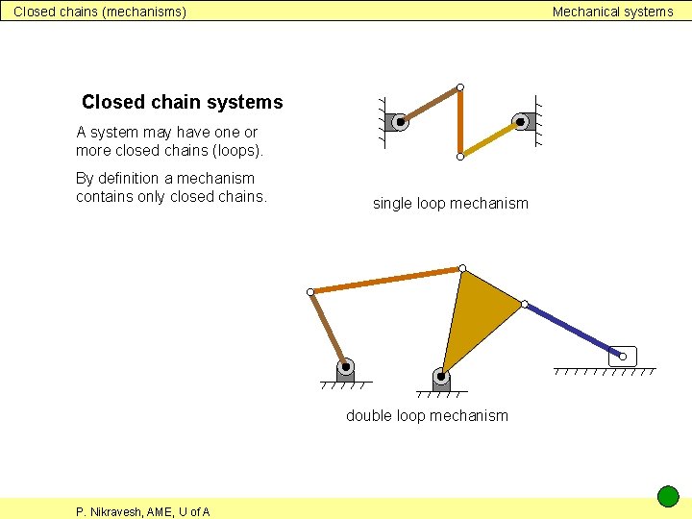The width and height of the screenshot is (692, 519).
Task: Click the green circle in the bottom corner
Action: click(668, 497)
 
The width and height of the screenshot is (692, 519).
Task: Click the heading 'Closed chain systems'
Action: click(183, 102)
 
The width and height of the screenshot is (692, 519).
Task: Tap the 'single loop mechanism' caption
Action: click(450, 203)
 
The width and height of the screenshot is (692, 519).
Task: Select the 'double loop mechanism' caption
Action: click(427, 415)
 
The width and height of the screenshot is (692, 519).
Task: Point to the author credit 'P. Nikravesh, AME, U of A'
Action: click(143, 511)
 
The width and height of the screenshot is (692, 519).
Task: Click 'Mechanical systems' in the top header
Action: click(612, 12)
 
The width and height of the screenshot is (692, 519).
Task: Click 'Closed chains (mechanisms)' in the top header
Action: click(100, 12)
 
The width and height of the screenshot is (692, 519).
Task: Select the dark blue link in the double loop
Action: click(573, 330)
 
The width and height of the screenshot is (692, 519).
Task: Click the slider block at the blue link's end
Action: click(623, 357)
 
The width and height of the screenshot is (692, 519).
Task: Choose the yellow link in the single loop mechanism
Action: click(490, 138)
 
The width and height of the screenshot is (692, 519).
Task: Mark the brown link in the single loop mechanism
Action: click(430, 105)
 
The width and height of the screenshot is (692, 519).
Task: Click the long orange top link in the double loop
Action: click(385, 280)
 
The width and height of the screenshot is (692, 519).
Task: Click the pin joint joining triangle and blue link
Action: click(524, 305)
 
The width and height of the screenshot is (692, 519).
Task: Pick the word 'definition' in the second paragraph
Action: click(126, 178)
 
